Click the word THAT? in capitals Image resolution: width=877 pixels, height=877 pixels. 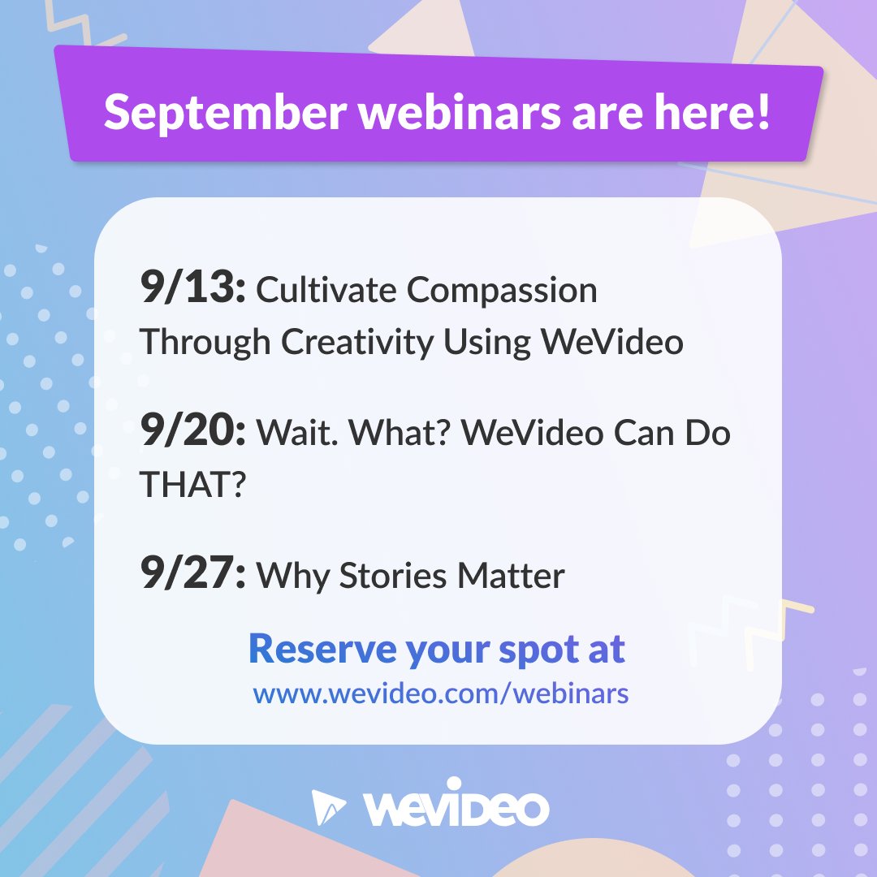pos(192,485)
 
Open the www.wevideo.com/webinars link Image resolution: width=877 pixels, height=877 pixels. pos(440,695)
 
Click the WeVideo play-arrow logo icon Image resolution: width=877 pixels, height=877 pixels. pos(328,807)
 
